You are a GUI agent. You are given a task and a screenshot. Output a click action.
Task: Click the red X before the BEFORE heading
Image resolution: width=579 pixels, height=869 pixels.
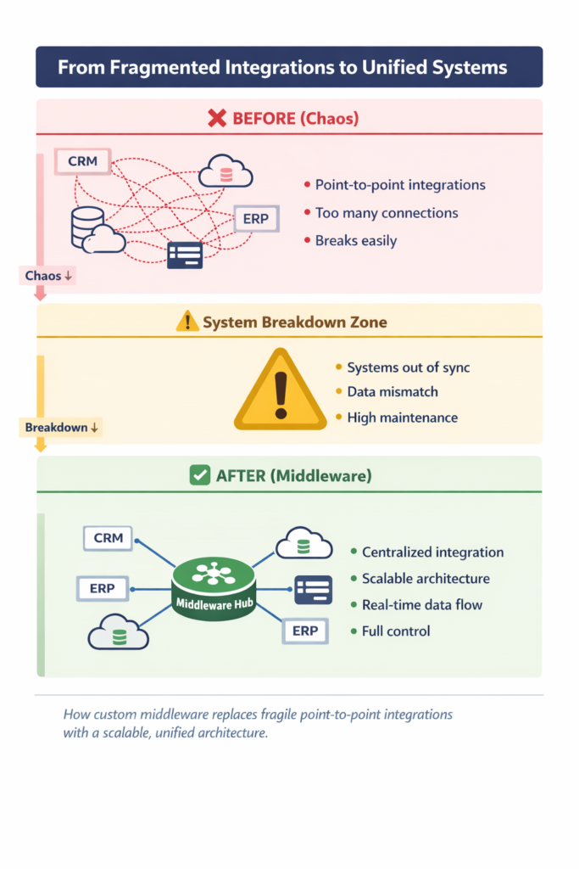216,118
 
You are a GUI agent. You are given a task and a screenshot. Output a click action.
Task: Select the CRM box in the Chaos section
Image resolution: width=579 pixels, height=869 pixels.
82,160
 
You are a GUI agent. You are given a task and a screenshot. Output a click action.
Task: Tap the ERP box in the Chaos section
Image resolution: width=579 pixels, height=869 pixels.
255,218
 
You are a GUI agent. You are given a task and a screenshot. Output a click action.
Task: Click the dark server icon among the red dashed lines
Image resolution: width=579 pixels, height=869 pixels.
184,255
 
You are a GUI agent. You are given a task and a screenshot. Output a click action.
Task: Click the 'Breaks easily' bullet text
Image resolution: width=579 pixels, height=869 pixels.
356,240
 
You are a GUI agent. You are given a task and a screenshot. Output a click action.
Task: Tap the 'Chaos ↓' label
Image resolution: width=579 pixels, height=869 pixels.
48,276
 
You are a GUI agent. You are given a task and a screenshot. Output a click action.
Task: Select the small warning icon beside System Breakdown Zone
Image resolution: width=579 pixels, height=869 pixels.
187,322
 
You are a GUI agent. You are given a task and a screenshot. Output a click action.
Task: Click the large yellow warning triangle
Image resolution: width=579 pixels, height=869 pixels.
280,392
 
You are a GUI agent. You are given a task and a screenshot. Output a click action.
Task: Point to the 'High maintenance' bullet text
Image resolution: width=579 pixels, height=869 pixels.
402,418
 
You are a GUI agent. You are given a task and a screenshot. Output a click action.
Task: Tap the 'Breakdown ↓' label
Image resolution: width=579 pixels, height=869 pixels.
61,428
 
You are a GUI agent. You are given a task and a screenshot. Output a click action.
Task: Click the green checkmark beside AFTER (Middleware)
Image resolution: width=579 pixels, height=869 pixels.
199,476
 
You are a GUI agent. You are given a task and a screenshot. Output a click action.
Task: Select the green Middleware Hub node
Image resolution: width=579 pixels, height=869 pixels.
214,589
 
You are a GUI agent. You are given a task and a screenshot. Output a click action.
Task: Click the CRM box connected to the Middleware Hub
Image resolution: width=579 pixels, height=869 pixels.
108,538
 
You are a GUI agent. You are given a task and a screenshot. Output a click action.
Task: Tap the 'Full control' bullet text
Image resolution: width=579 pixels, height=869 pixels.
396,631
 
